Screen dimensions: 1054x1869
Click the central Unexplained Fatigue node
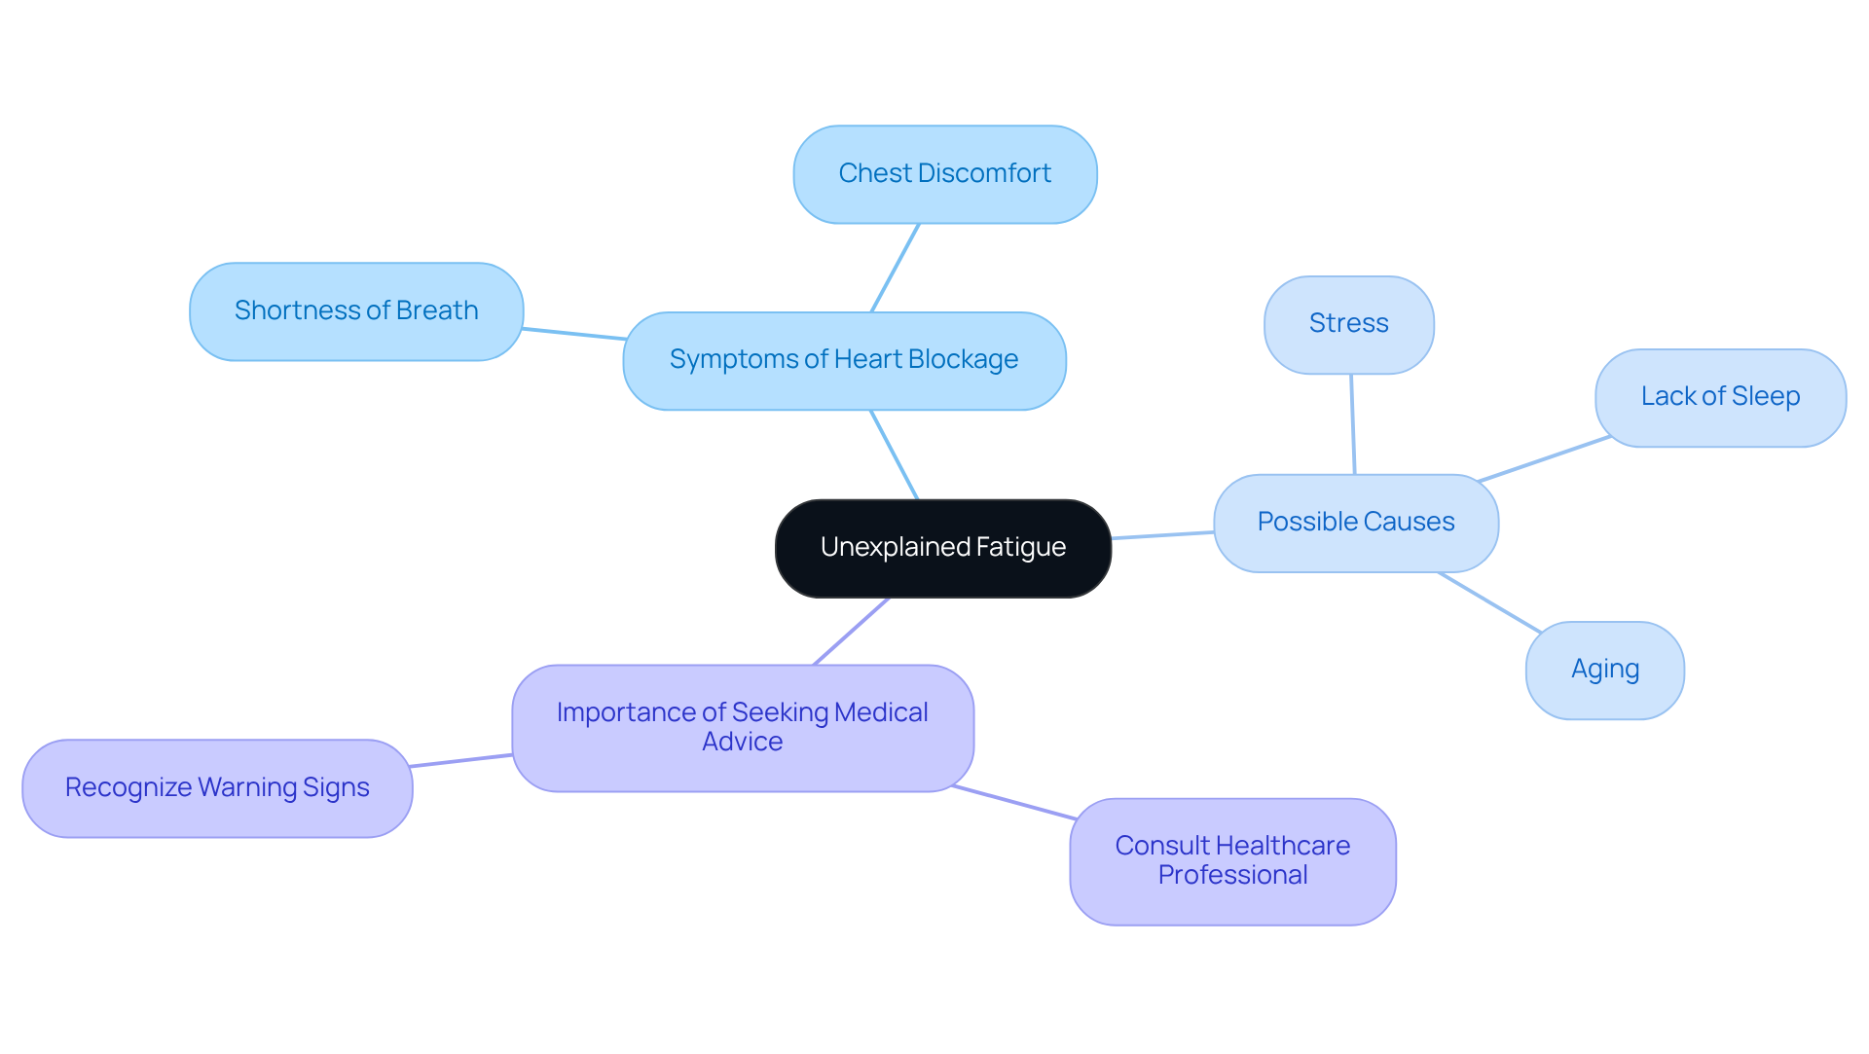pyautogui.click(x=942, y=548)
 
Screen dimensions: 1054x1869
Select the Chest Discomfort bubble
pyautogui.click(x=944, y=174)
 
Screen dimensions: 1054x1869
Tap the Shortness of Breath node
pyautogui.click(x=356, y=311)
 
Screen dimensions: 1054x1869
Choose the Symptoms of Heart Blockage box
pyautogui.click(x=844, y=361)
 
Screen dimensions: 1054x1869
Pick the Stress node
pyautogui.click(x=1348, y=324)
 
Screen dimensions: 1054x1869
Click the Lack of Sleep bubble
pyautogui.click(x=1720, y=397)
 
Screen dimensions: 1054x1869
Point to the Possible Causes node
pyautogui.click(x=1355, y=523)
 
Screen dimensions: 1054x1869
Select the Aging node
pyautogui.click(x=1604, y=670)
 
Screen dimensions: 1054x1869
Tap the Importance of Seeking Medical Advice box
pyautogui.click(x=742, y=728)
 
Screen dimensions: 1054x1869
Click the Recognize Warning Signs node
pyautogui.click(x=217, y=787)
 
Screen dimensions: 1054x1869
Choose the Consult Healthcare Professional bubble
pyautogui.click(x=1232, y=860)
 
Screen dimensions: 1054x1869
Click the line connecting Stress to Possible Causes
pyautogui.click(x=1352, y=424)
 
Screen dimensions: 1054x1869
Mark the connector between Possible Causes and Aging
pyautogui.click(x=1489, y=602)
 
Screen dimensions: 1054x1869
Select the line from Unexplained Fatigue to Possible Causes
pyautogui.click(x=1162, y=535)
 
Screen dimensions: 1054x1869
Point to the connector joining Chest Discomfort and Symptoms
pyautogui.click(x=895, y=268)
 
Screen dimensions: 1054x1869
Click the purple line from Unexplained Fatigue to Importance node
pyautogui.click(x=851, y=632)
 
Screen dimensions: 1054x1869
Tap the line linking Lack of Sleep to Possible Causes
pyautogui.click(x=1544, y=459)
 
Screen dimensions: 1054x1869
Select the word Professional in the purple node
pyautogui.click(x=1232, y=875)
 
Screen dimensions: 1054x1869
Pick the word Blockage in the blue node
pyautogui.click(x=962, y=360)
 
